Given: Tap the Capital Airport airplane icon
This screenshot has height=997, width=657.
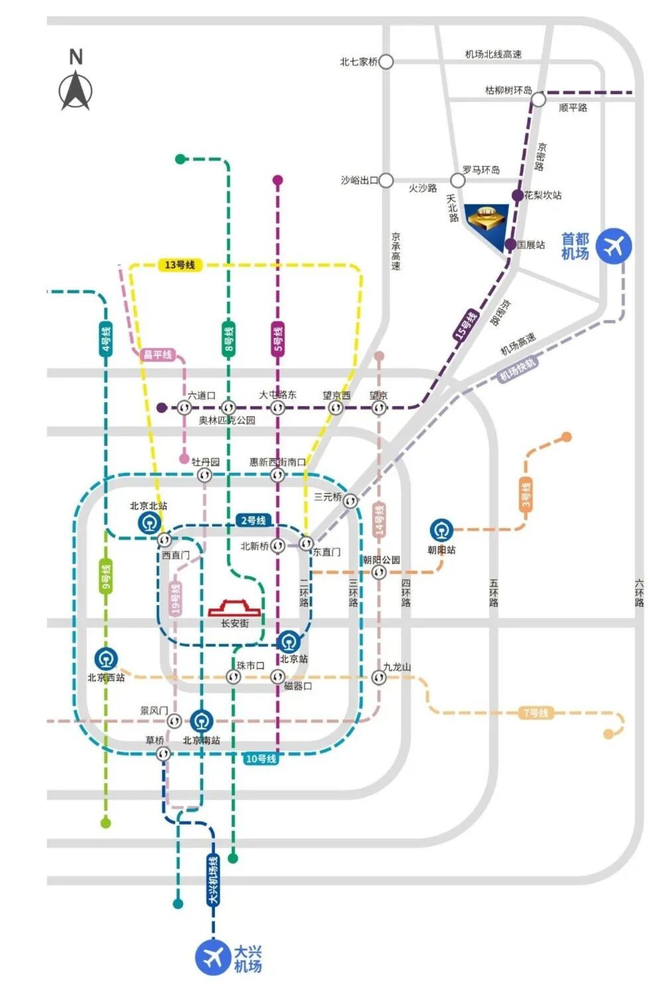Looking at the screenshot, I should (x=613, y=246).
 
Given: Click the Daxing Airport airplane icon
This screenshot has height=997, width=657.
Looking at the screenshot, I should (x=213, y=957).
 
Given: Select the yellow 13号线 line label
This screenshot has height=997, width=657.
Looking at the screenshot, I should (x=179, y=265).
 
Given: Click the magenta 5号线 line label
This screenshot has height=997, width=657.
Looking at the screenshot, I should (x=278, y=339).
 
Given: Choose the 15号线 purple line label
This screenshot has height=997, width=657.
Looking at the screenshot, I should (x=466, y=325).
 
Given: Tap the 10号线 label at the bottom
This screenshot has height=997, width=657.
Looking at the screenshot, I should (x=260, y=758).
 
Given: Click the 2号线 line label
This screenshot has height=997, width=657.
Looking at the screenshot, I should (x=254, y=520).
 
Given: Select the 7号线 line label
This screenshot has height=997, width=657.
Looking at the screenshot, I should (x=536, y=713).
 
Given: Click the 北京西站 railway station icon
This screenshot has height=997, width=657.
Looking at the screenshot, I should (x=106, y=659).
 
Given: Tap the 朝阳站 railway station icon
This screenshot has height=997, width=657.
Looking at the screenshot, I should (x=441, y=530).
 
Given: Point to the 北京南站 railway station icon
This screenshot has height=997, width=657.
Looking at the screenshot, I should (x=202, y=721).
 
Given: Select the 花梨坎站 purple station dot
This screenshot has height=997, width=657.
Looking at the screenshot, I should (x=518, y=195).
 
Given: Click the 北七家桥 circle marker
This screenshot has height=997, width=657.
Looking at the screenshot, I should (x=386, y=62).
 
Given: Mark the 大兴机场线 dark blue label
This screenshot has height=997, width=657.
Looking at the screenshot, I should (x=213, y=879).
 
